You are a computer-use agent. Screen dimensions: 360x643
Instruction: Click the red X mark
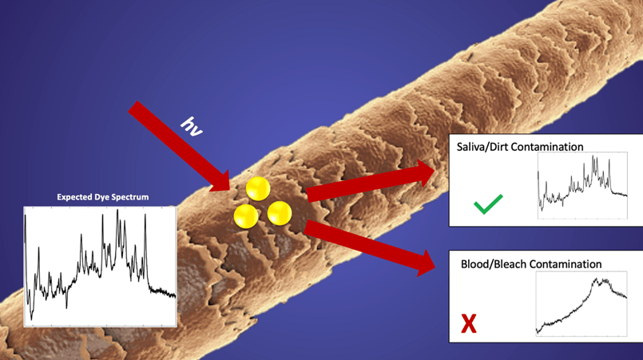tap(469, 323)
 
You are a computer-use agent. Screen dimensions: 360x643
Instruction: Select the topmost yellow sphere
tap(258, 189)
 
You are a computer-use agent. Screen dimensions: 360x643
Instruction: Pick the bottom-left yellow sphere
tap(246, 215)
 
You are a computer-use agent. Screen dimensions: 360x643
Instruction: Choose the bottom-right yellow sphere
tap(279, 213)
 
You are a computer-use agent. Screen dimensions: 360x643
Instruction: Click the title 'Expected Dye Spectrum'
tap(102, 196)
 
